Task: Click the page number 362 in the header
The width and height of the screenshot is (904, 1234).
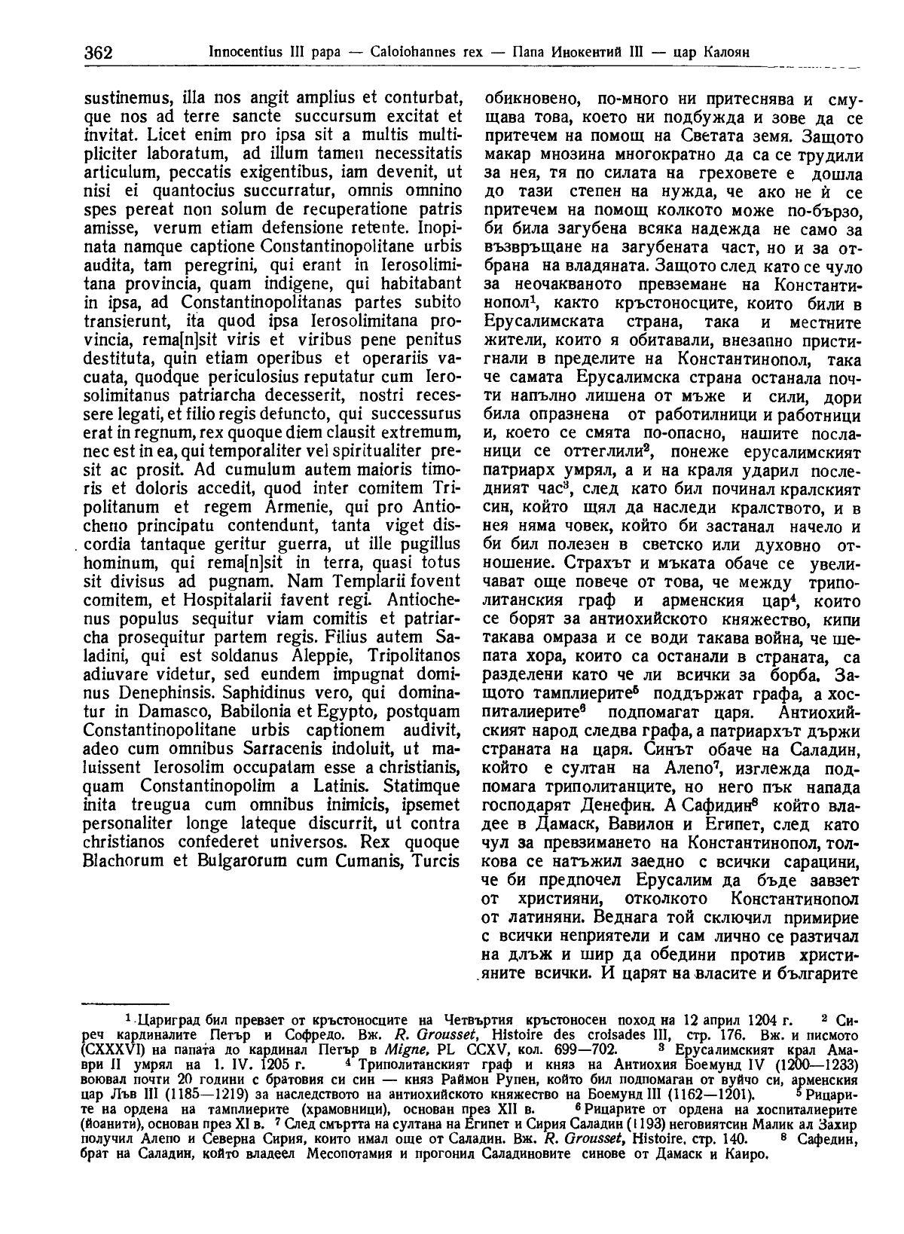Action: (x=97, y=53)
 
